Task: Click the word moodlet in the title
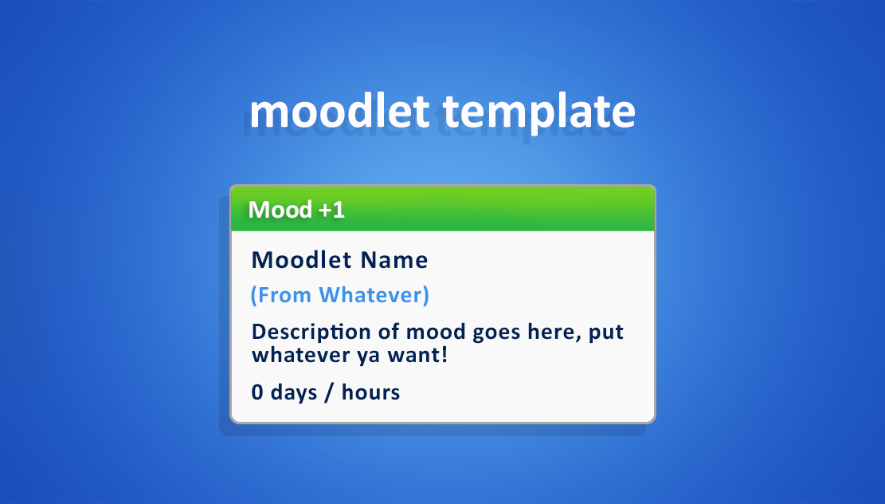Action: (x=340, y=112)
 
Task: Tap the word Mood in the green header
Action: (x=280, y=210)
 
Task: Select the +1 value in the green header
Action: (x=332, y=211)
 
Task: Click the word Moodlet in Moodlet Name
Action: (x=301, y=260)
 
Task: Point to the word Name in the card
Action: (x=394, y=261)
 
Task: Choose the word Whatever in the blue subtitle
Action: (x=374, y=295)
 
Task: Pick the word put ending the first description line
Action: (x=606, y=333)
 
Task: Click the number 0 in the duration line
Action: (x=257, y=392)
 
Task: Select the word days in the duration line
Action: (x=294, y=392)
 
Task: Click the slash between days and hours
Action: (x=329, y=392)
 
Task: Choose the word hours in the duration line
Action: (x=371, y=392)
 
